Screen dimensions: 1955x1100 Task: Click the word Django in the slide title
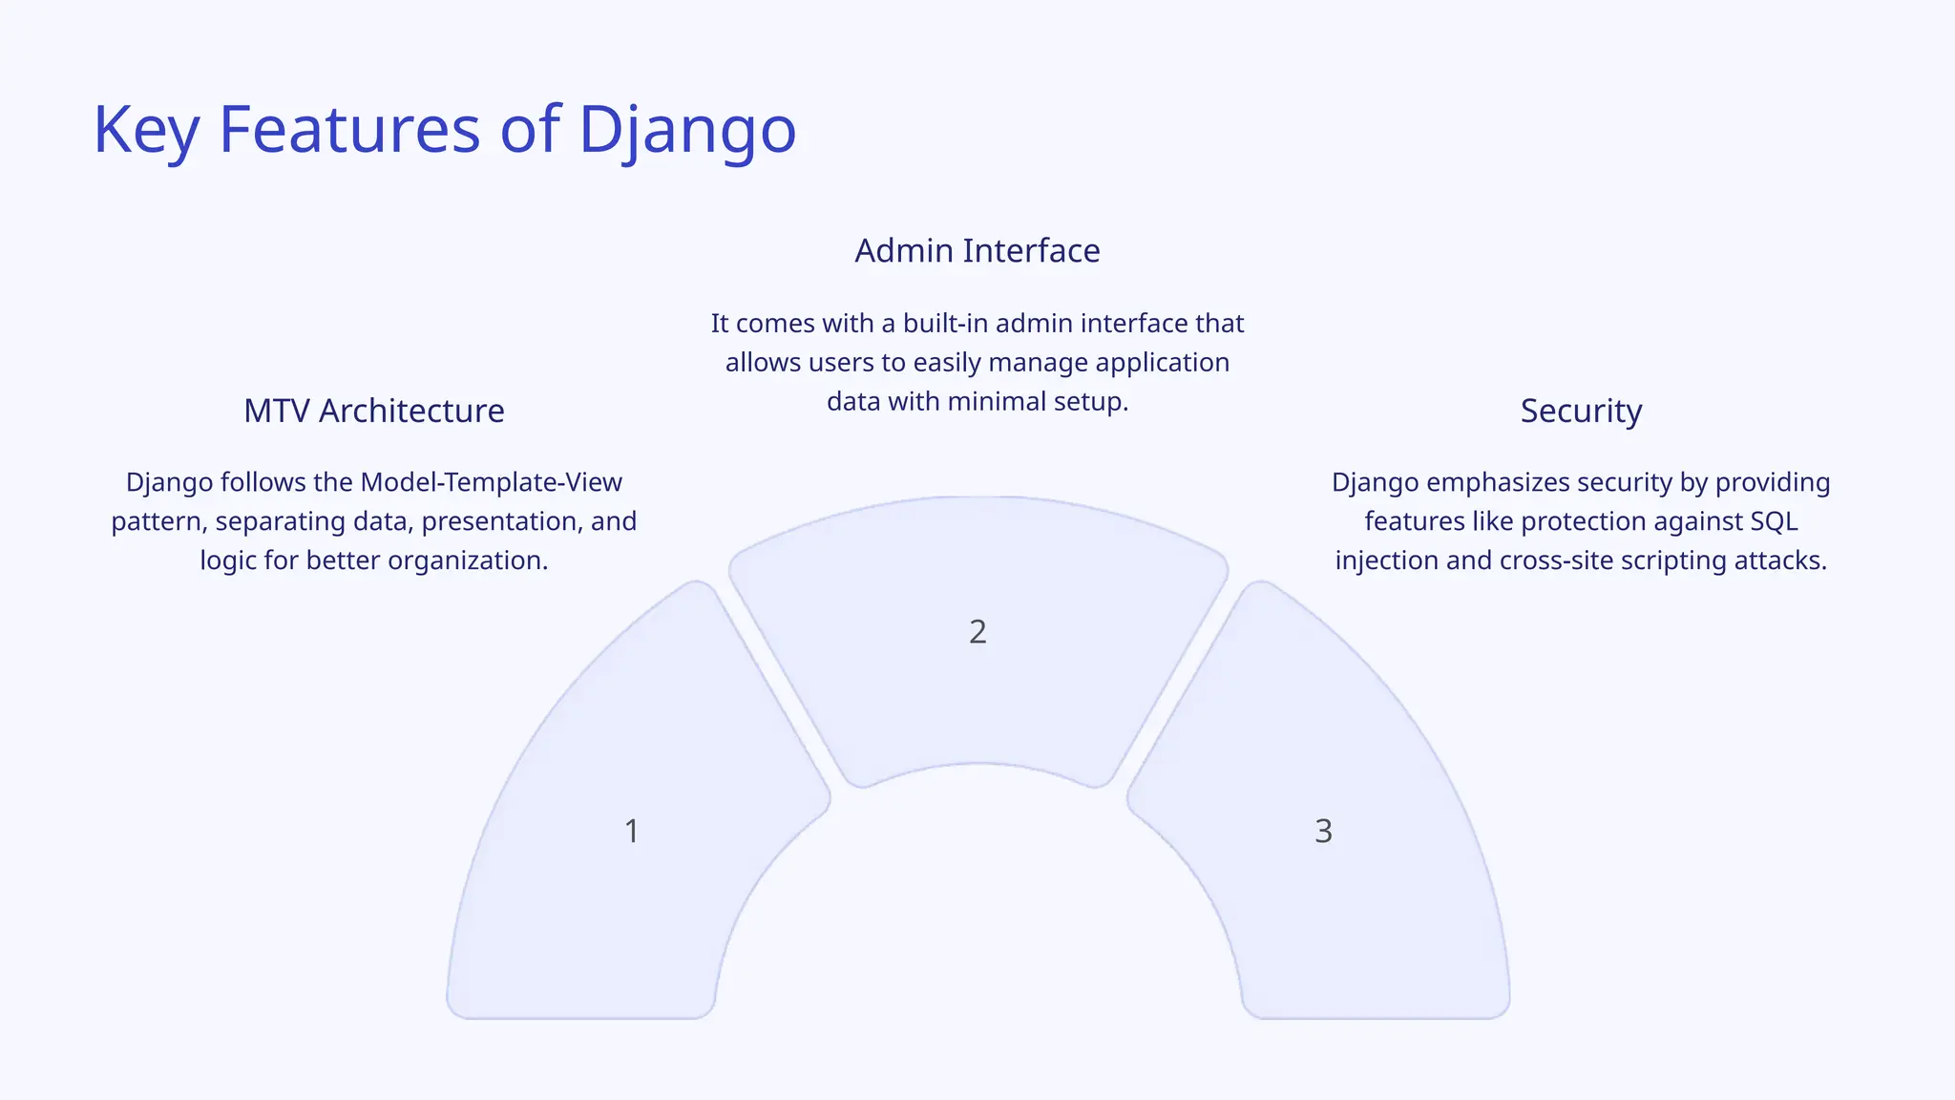point(687,130)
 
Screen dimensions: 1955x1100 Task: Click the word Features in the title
point(349,130)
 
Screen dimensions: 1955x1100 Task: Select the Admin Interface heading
point(977,250)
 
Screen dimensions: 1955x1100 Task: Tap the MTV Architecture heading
point(373,411)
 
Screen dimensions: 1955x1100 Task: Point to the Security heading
point(1581,411)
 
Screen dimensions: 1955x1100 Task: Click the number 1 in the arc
point(631,831)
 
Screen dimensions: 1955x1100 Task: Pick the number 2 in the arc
point(977,631)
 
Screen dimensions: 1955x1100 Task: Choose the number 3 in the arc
point(1323,831)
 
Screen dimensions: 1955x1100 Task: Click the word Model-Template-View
point(491,482)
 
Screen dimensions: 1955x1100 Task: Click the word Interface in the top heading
point(1031,250)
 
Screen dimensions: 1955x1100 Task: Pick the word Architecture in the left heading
point(411,411)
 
